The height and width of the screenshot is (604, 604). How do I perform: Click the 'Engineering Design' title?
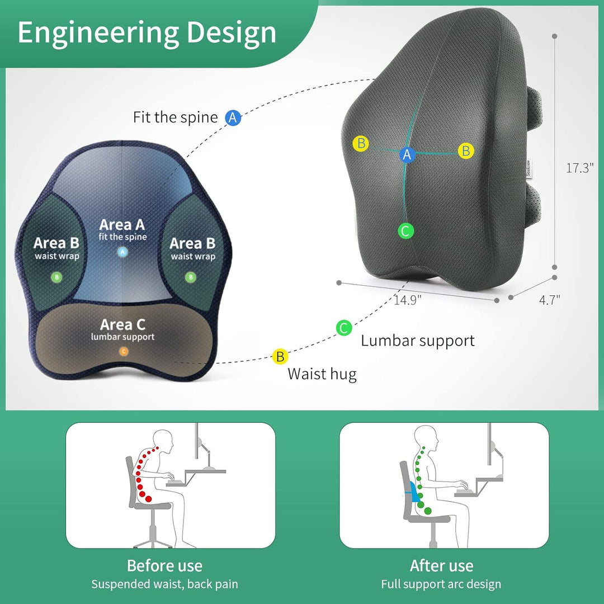(147, 34)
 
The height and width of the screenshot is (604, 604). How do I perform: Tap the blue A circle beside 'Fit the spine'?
(233, 117)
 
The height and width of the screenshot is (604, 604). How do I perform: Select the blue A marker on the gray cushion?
(407, 154)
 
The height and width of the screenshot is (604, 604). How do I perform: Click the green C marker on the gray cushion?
(405, 231)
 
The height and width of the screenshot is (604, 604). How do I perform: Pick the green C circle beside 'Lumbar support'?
(343, 328)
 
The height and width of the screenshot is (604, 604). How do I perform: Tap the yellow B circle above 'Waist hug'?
(280, 356)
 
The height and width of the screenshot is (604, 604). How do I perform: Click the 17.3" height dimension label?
(579, 168)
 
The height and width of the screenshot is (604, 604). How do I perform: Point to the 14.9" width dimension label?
(407, 300)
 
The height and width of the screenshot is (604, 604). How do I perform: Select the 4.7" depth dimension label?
(549, 300)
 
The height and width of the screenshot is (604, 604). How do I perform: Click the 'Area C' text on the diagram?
(122, 325)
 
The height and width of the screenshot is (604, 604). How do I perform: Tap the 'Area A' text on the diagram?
(122, 225)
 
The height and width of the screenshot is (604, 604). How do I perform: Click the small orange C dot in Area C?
(123, 351)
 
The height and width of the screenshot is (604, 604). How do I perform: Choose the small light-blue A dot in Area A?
(122, 252)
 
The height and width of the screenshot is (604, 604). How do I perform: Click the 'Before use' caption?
(164, 566)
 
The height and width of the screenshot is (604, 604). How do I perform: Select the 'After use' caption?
(441, 566)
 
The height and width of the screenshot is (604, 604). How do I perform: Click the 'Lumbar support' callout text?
(418, 341)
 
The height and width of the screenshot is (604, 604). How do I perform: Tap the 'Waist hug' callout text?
(322, 374)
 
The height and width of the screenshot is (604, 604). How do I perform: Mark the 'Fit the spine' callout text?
(175, 117)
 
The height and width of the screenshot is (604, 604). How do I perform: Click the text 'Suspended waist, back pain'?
(164, 584)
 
